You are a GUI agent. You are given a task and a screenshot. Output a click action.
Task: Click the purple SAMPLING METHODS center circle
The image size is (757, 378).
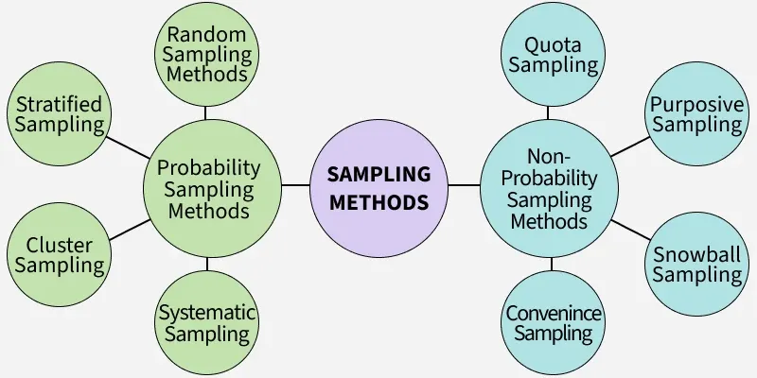378,186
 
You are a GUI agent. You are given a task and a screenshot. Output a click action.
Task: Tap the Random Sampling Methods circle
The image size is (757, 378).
206,55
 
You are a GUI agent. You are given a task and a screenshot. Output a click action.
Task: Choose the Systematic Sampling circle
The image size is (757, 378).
206,321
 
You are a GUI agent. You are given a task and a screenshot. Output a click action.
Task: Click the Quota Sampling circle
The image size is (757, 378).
549,55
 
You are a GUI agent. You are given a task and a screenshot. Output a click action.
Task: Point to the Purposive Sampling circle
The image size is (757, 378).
696,113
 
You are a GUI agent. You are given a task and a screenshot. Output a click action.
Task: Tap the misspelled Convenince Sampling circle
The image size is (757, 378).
553,321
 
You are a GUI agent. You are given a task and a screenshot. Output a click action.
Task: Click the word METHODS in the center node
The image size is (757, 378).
378,201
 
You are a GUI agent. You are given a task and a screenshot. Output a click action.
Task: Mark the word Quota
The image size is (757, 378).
553,44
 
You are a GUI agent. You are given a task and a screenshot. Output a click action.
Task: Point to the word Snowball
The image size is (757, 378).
697,253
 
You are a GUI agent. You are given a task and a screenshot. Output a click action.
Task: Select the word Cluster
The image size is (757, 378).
59,245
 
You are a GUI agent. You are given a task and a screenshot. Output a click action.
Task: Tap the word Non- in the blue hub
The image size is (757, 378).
550,156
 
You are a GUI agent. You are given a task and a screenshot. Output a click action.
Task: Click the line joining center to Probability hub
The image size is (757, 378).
296,185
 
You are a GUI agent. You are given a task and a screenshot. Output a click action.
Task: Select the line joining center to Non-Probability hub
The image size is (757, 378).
463,185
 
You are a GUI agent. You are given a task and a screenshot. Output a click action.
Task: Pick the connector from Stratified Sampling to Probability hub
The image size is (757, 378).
127,146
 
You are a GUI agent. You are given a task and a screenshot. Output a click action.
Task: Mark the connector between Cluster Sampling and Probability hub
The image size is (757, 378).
127,230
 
